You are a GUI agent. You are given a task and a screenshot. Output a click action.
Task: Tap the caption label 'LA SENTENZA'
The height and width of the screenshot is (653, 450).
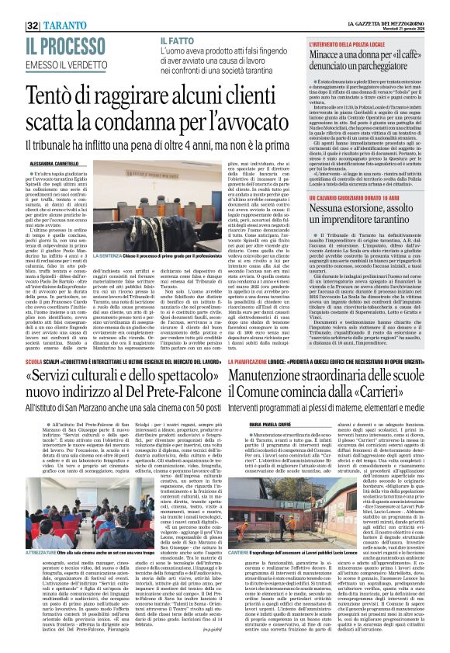click(108, 255)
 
